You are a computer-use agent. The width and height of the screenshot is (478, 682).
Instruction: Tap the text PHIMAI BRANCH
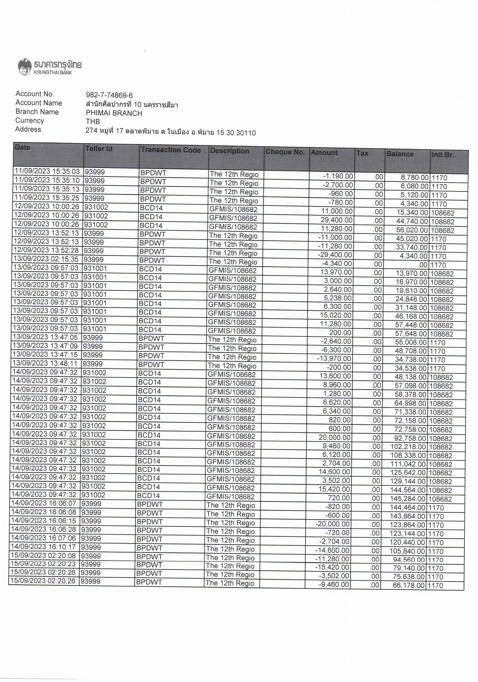point(114,113)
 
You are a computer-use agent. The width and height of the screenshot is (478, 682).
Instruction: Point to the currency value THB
point(93,121)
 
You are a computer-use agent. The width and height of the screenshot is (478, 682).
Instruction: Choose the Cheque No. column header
point(285,152)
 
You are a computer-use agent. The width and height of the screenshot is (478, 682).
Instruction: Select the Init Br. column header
point(443,155)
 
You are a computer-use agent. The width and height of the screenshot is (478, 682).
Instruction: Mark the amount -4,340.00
point(337,264)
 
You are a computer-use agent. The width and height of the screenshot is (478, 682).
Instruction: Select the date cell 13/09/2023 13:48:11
point(46,363)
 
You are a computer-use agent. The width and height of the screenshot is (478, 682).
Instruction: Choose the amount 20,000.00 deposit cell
point(335,438)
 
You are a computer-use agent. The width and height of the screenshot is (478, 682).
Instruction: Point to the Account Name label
point(39,103)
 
